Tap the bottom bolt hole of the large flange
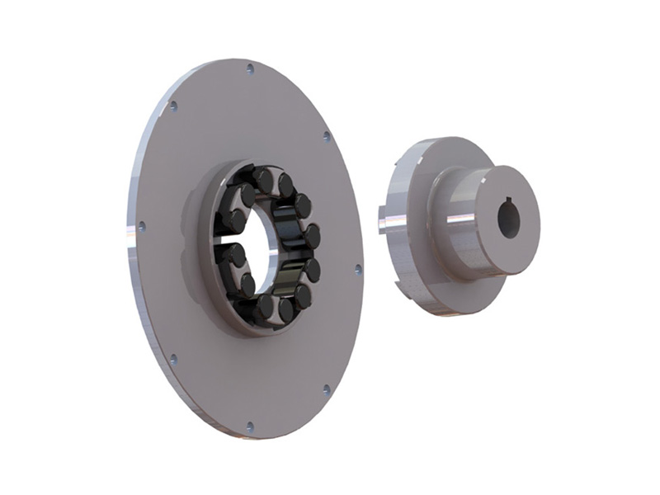tap(249, 427)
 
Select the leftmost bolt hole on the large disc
tap(142, 224)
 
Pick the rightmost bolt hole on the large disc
tap(357, 269)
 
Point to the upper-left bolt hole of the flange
tap(173, 106)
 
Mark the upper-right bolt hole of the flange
tap(326, 134)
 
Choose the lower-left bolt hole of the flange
tap(172, 359)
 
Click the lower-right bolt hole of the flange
tap(326, 388)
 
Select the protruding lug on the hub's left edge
tap(381, 220)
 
